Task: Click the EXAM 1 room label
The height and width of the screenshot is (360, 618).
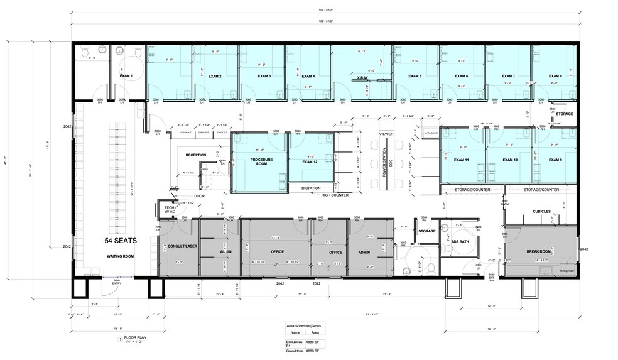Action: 127,77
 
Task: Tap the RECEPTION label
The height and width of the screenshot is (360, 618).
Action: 195,155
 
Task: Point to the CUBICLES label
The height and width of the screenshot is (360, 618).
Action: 543,211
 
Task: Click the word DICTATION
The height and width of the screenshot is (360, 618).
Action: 312,188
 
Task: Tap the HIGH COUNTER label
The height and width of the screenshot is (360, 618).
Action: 335,195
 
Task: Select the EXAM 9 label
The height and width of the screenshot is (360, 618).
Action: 555,160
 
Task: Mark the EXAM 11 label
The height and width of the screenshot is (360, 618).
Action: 463,160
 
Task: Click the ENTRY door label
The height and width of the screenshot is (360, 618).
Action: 117,283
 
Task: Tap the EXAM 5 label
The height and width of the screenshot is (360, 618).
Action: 415,77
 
